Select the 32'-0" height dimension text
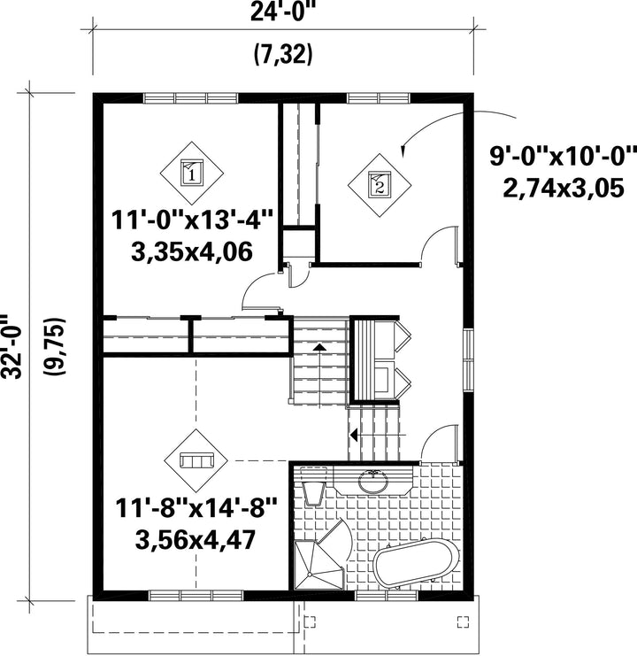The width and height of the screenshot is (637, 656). pos(11,347)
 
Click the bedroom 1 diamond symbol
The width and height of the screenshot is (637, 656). pos(192,173)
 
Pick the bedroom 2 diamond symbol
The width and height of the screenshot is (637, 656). pos(380,184)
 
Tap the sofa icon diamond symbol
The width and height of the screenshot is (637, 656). pos(196,460)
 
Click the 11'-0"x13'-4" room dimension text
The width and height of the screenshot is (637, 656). pos(192,220)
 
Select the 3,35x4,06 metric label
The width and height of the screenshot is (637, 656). pos(192,251)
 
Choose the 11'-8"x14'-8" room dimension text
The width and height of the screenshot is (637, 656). pos(196,508)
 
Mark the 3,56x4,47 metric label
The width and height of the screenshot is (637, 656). pos(196,540)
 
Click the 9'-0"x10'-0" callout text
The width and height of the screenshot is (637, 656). pos(563,156)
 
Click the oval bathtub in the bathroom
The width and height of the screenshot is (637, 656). pos(417,563)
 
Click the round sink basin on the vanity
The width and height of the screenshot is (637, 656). pos(372,482)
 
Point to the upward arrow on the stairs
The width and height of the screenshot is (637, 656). pos(319,347)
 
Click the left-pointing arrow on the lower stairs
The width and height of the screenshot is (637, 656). pos(354,436)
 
